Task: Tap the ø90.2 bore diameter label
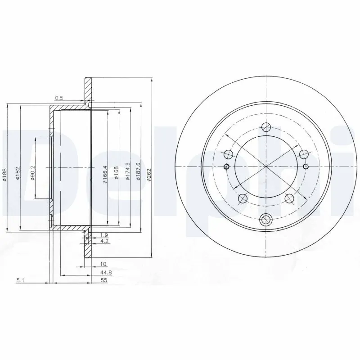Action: pos(33,173)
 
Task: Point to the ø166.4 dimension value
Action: pos(105,174)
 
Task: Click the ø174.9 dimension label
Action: pos(127,171)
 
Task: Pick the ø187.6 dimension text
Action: pos(138,171)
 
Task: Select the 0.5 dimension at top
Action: pos(58,98)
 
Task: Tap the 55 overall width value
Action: pos(104,279)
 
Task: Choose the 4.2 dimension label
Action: pos(104,241)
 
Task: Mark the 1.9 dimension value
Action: pos(104,235)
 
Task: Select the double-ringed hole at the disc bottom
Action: pos(266,220)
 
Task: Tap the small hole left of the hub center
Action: pos(226,167)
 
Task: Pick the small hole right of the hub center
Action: pos(306,167)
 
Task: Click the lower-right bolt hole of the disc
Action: pos(290,198)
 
